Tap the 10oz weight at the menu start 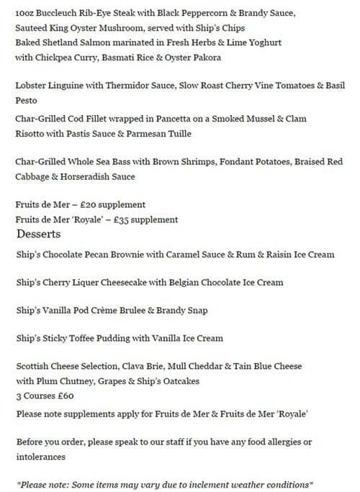tap(26, 13)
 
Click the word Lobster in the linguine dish tap(32, 86)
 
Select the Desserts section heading tap(38, 234)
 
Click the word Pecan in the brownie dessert tap(104, 254)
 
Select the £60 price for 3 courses tap(64, 395)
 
